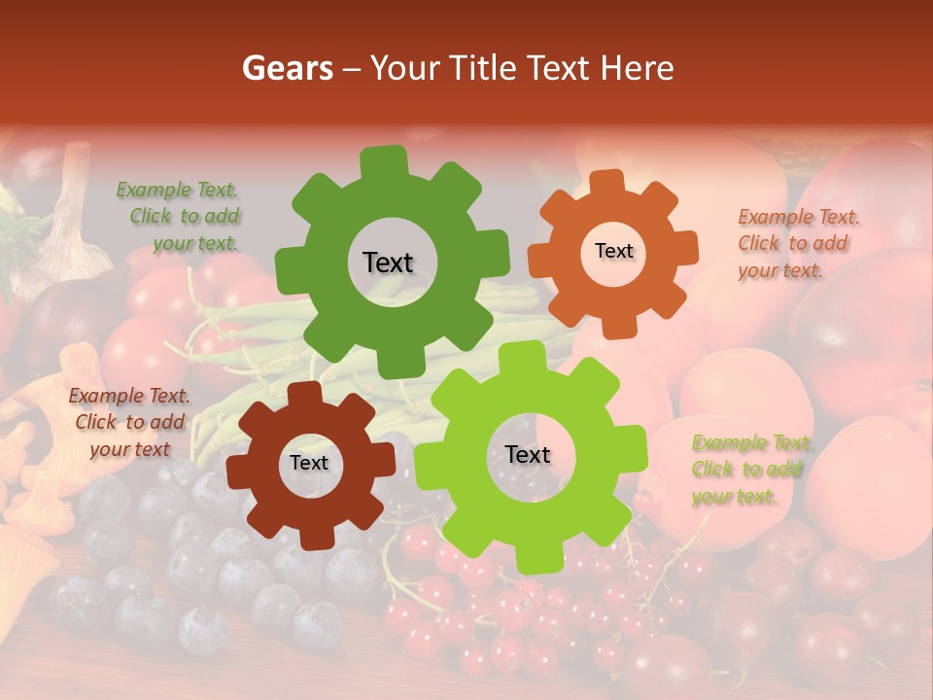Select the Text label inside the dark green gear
pyautogui.click(x=388, y=262)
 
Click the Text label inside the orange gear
pyautogui.click(x=613, y=251)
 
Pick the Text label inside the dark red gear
pyautogui.click(x=309, y=464)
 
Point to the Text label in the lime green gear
pyautogui.click(x=528, y=454)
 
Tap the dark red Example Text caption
pyautogui.click(x=129, y=422)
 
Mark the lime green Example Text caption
pyautogui.click(x=748, y=470)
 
